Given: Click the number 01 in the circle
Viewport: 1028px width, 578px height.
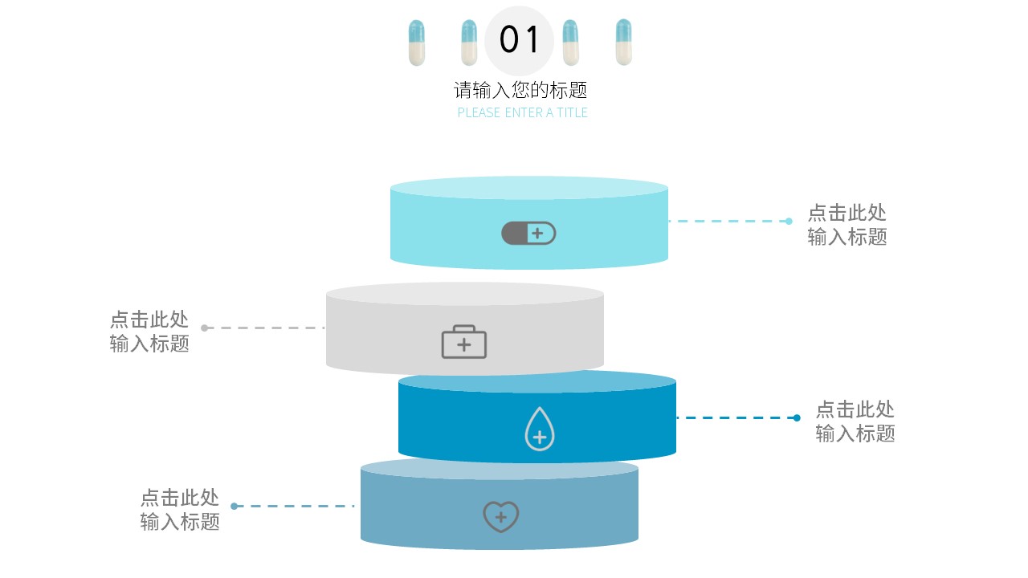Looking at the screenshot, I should pyautogui.click(x=520, y=39).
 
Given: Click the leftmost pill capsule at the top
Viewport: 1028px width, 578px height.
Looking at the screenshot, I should pyautogui.click(x=416, y=43).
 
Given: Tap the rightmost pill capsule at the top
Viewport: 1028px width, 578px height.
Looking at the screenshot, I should pyautogui.click(x=623, y=43).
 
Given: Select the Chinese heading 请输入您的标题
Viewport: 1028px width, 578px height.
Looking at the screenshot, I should pyautogui.click(x=521, y=90).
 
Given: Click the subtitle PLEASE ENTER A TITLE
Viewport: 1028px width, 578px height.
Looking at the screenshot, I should pyautogui.click(x=523, y=113).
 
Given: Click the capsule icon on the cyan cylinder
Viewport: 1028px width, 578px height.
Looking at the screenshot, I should pyautogui.click(x=528, y=234).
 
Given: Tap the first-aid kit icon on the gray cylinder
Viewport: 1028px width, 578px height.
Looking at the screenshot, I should pyautogui.click(x=464, y=342).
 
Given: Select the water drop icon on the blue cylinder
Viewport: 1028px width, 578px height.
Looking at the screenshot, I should pyautogui.click(x=540, y=429).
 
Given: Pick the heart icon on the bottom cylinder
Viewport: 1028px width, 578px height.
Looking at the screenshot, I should pyautogui.click(x=501, y=516).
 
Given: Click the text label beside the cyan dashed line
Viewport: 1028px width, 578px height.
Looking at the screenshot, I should pyautogui.click(x=847, y=225).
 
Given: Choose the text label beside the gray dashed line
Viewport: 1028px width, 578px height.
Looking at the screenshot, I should pyautogui.click(x=150, y=332).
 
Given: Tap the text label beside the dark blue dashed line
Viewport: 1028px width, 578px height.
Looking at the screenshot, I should pyautogui.click(x=855, y=421).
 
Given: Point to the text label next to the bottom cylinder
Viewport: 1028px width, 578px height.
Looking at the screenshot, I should pyautogui.click(x=180, y=510).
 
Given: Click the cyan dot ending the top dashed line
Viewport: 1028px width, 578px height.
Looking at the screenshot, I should pyautogui.click(x=789, y=221).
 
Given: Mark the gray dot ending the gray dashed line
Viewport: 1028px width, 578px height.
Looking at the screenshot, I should pyautogui.click(x=204, y=328).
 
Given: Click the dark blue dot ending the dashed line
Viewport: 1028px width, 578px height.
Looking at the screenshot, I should pyautogui.click(x=797, y=417).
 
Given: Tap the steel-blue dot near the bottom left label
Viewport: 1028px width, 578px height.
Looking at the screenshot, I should pyautogui.click(x=234, y=506).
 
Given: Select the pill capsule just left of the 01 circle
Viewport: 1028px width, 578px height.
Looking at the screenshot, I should pyautogui.click(x=469, y=43).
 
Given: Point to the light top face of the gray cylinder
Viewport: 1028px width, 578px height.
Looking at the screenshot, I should pyautogui.click(x=465, y=294).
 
